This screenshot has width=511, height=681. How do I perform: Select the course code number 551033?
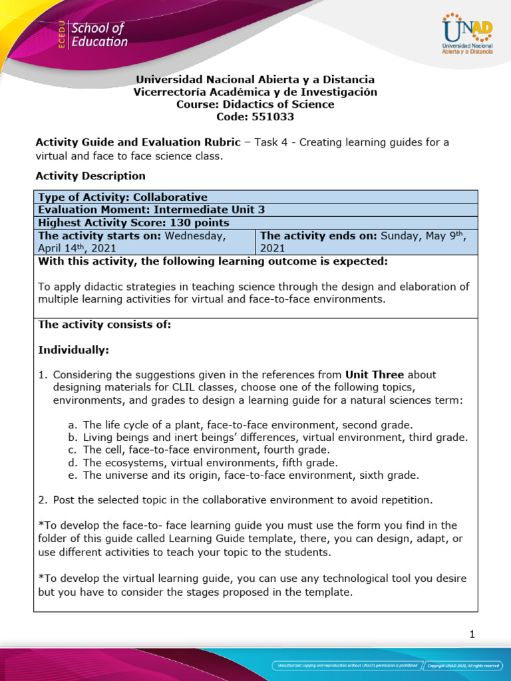coord(272,117)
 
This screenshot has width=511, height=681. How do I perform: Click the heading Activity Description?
coord(90,176)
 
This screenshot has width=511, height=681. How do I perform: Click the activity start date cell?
coord(144,241)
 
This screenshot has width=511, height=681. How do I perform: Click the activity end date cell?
coord(366,241)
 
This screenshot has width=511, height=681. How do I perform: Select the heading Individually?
coord(74,350)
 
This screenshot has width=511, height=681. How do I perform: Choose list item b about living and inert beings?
coord(275,437)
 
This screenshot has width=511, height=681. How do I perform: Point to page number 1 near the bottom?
coord(472,634)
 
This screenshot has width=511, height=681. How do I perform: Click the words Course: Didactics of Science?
coord(255,104)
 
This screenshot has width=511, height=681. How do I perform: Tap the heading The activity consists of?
coord(104,325)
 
